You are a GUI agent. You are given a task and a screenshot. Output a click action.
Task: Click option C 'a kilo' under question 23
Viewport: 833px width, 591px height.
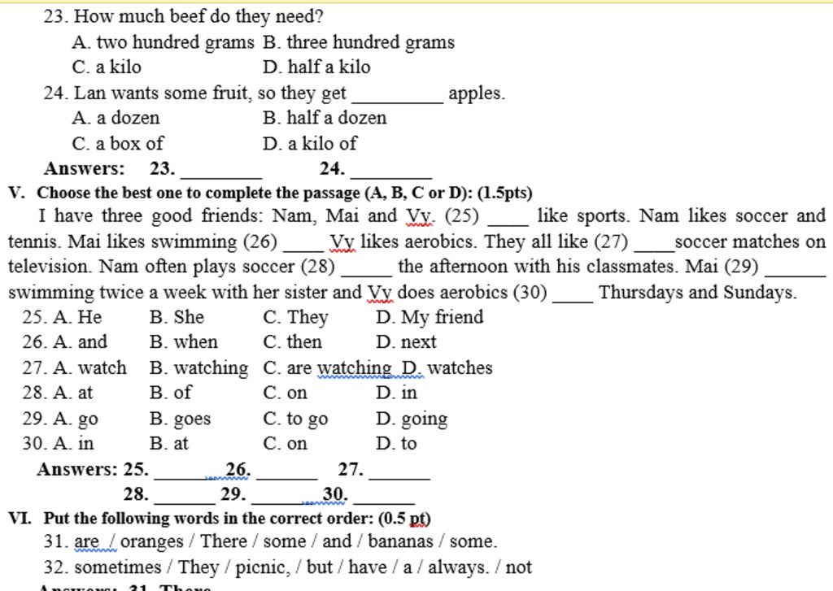pos(107,67)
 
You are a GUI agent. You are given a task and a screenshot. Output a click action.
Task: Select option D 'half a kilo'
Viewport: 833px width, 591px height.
pos(316,67)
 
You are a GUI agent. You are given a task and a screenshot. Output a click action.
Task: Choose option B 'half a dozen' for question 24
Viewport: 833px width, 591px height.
pos(325,118)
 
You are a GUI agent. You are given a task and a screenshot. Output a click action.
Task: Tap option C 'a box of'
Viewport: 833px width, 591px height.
pos(117,144)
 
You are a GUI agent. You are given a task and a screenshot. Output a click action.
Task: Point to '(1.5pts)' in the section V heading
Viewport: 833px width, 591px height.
pos(505,193)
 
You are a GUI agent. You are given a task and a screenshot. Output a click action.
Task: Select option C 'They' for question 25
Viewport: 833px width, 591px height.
pos(296,317)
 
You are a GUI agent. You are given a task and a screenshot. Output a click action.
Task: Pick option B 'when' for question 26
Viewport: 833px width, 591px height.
pos(184,342)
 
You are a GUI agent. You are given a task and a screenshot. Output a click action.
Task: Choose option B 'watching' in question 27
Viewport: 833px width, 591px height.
pos(199,368)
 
